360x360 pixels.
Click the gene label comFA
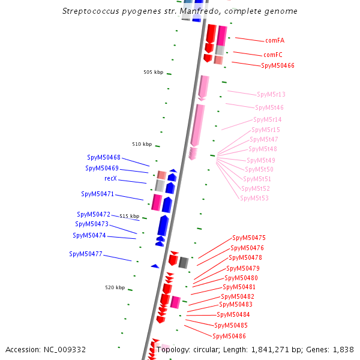(x=275, y=41)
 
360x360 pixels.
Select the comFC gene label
(x=273, y=55)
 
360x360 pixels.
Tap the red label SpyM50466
(x=278, y=65)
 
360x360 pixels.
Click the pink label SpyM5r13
(x=271, y=95)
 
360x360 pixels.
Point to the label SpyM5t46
(x=269, y=108)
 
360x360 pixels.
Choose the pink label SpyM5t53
(x=254, y=198)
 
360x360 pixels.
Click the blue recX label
(x=110, y=179)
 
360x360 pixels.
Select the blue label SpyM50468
(x=103, y=157)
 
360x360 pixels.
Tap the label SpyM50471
(x=98, y=194)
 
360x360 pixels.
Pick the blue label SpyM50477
(x=86, y=254)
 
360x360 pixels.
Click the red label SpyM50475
(x=249, y=238)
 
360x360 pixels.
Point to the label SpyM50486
(x=230, y=336)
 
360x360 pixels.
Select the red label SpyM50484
(x=233, y=314)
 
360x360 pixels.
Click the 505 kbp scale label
(x=153, y=73)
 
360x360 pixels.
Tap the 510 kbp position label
(x=142, y=144)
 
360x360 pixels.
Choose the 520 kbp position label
(x=115, y=288)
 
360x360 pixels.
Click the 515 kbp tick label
(x=130, y=216)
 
